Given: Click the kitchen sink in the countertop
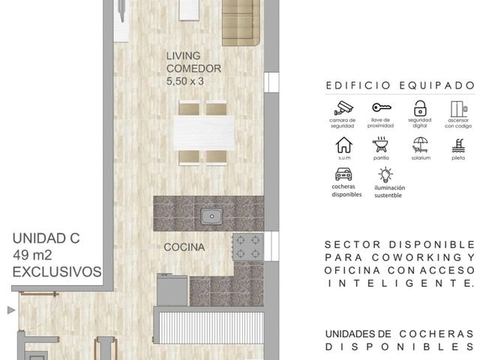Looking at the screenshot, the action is point(211,217).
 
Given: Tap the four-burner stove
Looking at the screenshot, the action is point(248,247).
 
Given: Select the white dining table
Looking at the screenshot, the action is point(203,133).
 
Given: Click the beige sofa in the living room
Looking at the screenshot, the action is point(241,22).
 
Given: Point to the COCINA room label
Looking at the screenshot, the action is point(184,247).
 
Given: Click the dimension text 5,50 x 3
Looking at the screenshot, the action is point(185,81).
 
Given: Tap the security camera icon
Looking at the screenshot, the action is point(343,108).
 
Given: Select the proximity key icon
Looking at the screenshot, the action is point(382,107).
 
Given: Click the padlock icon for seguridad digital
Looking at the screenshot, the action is point(420,108).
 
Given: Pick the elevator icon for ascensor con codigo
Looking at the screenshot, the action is point(459,109).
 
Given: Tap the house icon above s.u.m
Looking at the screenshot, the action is point(344,145).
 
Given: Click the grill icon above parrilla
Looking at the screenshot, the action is point(380,145).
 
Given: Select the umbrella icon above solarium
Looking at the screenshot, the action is point(420,145).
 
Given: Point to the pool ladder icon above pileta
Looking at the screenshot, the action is point(458,145).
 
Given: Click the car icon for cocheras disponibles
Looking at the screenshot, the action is point(343,174).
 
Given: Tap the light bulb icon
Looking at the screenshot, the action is point(385,175).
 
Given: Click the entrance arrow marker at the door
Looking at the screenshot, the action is point(11,310).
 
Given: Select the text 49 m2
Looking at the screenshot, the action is point(32,255).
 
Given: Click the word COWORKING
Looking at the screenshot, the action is point(416,257).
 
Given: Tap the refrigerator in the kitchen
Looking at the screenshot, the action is point(172,290).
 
